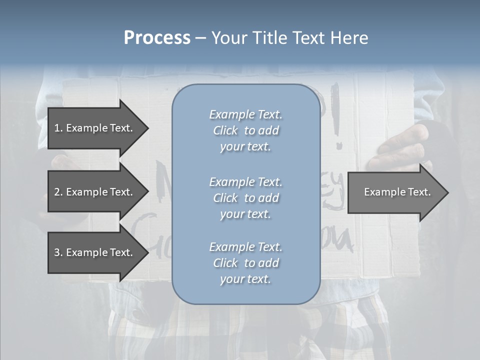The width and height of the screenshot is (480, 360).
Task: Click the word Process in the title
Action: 157,38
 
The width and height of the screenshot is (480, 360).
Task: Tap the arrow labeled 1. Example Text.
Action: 93,128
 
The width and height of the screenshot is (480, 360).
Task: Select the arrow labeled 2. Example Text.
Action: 93,192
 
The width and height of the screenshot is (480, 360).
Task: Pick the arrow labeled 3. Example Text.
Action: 93,252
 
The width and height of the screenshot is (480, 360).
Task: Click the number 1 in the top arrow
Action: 57,128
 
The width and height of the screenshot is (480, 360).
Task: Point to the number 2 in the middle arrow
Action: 57,192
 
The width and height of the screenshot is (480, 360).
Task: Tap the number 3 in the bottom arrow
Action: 57,252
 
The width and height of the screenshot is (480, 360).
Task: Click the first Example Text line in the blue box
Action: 245,114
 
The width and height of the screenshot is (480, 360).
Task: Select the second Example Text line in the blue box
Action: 245,182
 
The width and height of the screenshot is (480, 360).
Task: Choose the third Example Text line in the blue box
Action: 245,247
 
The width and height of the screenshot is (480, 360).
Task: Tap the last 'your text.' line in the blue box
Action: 245,279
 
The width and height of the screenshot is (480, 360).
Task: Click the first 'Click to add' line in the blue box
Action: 245,130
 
